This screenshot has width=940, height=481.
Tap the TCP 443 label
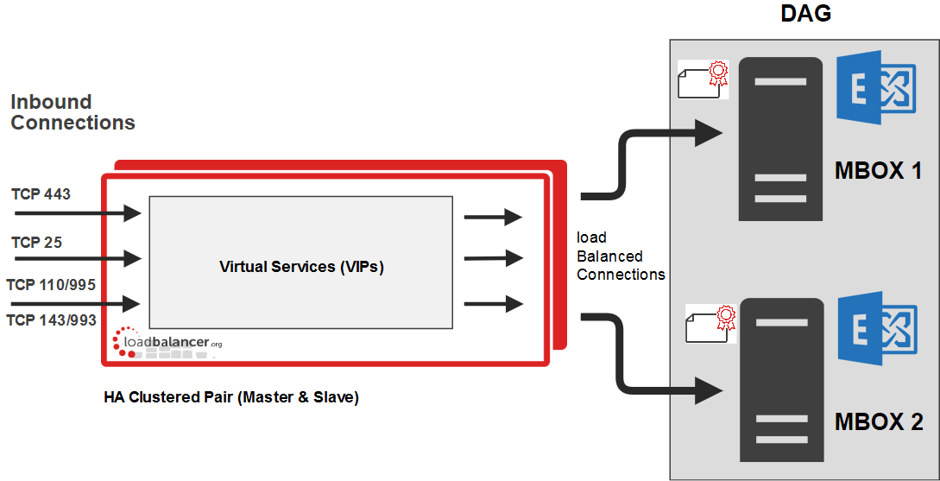tap(41, 193)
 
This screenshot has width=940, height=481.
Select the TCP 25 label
tap(36, 243)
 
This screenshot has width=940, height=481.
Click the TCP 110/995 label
tap(51, 284)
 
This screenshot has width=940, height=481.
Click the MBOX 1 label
tap(879, 171)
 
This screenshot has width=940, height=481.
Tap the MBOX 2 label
tap(879, 422)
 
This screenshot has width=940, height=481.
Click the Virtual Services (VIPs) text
tap(301, 267)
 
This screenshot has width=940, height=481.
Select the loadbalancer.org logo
tap(167, 343)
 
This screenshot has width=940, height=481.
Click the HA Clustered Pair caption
tap(230, 398)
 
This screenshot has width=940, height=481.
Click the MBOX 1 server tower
tap(780, 138)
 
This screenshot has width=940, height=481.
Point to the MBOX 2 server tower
tap(780, 379)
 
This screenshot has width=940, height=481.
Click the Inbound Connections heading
tap(73, 112)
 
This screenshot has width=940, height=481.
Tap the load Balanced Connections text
tap(621, 256)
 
